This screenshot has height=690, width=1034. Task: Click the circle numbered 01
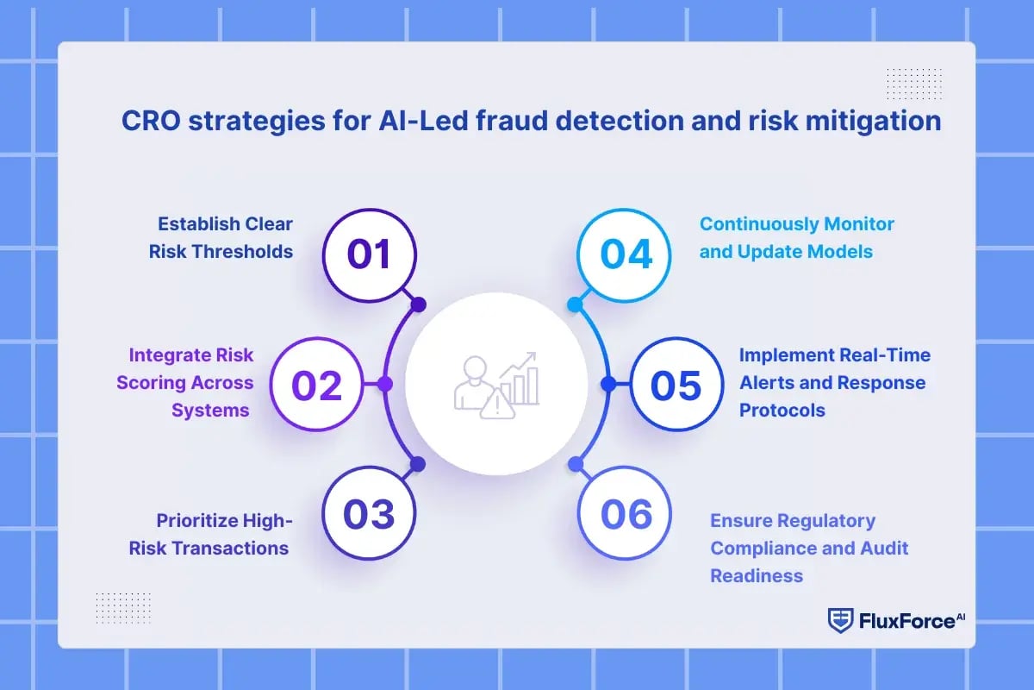pyautogui.click(x=369, y=255)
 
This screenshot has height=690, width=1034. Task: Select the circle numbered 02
pyautogui.click(x=317, y=385)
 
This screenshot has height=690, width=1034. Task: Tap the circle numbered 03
pyautogui.click(x=369, y=515)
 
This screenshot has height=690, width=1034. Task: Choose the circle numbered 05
pyautogui.click(x=676, y=385)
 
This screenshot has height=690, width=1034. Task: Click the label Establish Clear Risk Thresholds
pyautogui.click(x=225, y=237)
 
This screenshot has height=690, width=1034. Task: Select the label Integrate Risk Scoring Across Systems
pyautogui.click(x=191, y=382)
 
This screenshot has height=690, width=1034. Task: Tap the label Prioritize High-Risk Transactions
pyautogui.click(x=222, y=534)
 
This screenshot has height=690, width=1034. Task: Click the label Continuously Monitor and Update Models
pyautogui.click(x=797, y=237)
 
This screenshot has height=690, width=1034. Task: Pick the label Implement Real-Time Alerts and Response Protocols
pyautogui.click(x=835, y=382)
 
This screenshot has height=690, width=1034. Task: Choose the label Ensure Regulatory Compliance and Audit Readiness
pyautogui.click(x=809, y=548)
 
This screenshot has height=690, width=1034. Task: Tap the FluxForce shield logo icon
pyautogui.click(x=839, y=619)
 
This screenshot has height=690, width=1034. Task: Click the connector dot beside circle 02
pyautogui.click(x=385, y=384)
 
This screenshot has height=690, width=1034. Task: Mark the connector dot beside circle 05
pyautogui.click(x=607, y=384)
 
